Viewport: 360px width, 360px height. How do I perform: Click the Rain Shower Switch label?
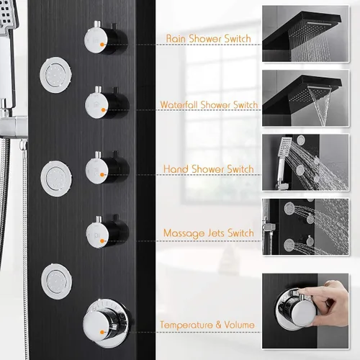(209, 39)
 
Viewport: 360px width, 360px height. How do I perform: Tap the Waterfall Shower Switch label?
(209, 104)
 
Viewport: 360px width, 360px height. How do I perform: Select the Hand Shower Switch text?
(209, 169)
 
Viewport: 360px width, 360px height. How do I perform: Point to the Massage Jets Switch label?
(209, 233)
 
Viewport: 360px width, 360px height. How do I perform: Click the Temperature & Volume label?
(207, 325)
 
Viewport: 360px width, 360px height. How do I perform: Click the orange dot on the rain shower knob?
(102, 45)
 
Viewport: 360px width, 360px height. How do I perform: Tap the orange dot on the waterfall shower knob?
(103, 110)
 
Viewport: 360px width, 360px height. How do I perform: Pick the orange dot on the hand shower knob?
(102, 175)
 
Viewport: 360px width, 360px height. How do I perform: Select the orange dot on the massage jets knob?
(102, 240)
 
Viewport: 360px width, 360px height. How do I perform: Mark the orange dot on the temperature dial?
(102, 332)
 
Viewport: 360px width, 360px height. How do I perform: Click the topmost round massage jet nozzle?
(55, 75)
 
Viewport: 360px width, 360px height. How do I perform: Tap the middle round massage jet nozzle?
(56, 179)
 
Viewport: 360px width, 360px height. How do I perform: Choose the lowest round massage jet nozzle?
(56, 282)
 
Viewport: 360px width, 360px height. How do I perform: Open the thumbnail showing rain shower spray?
(305, 34)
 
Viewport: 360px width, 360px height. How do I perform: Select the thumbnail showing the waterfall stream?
(305, 98)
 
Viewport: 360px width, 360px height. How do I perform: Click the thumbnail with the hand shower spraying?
(305, 162)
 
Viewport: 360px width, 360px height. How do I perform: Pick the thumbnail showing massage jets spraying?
(305, 227)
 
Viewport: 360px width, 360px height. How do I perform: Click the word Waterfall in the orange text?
(179, 104)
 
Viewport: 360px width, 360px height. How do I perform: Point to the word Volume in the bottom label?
(239, 325)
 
